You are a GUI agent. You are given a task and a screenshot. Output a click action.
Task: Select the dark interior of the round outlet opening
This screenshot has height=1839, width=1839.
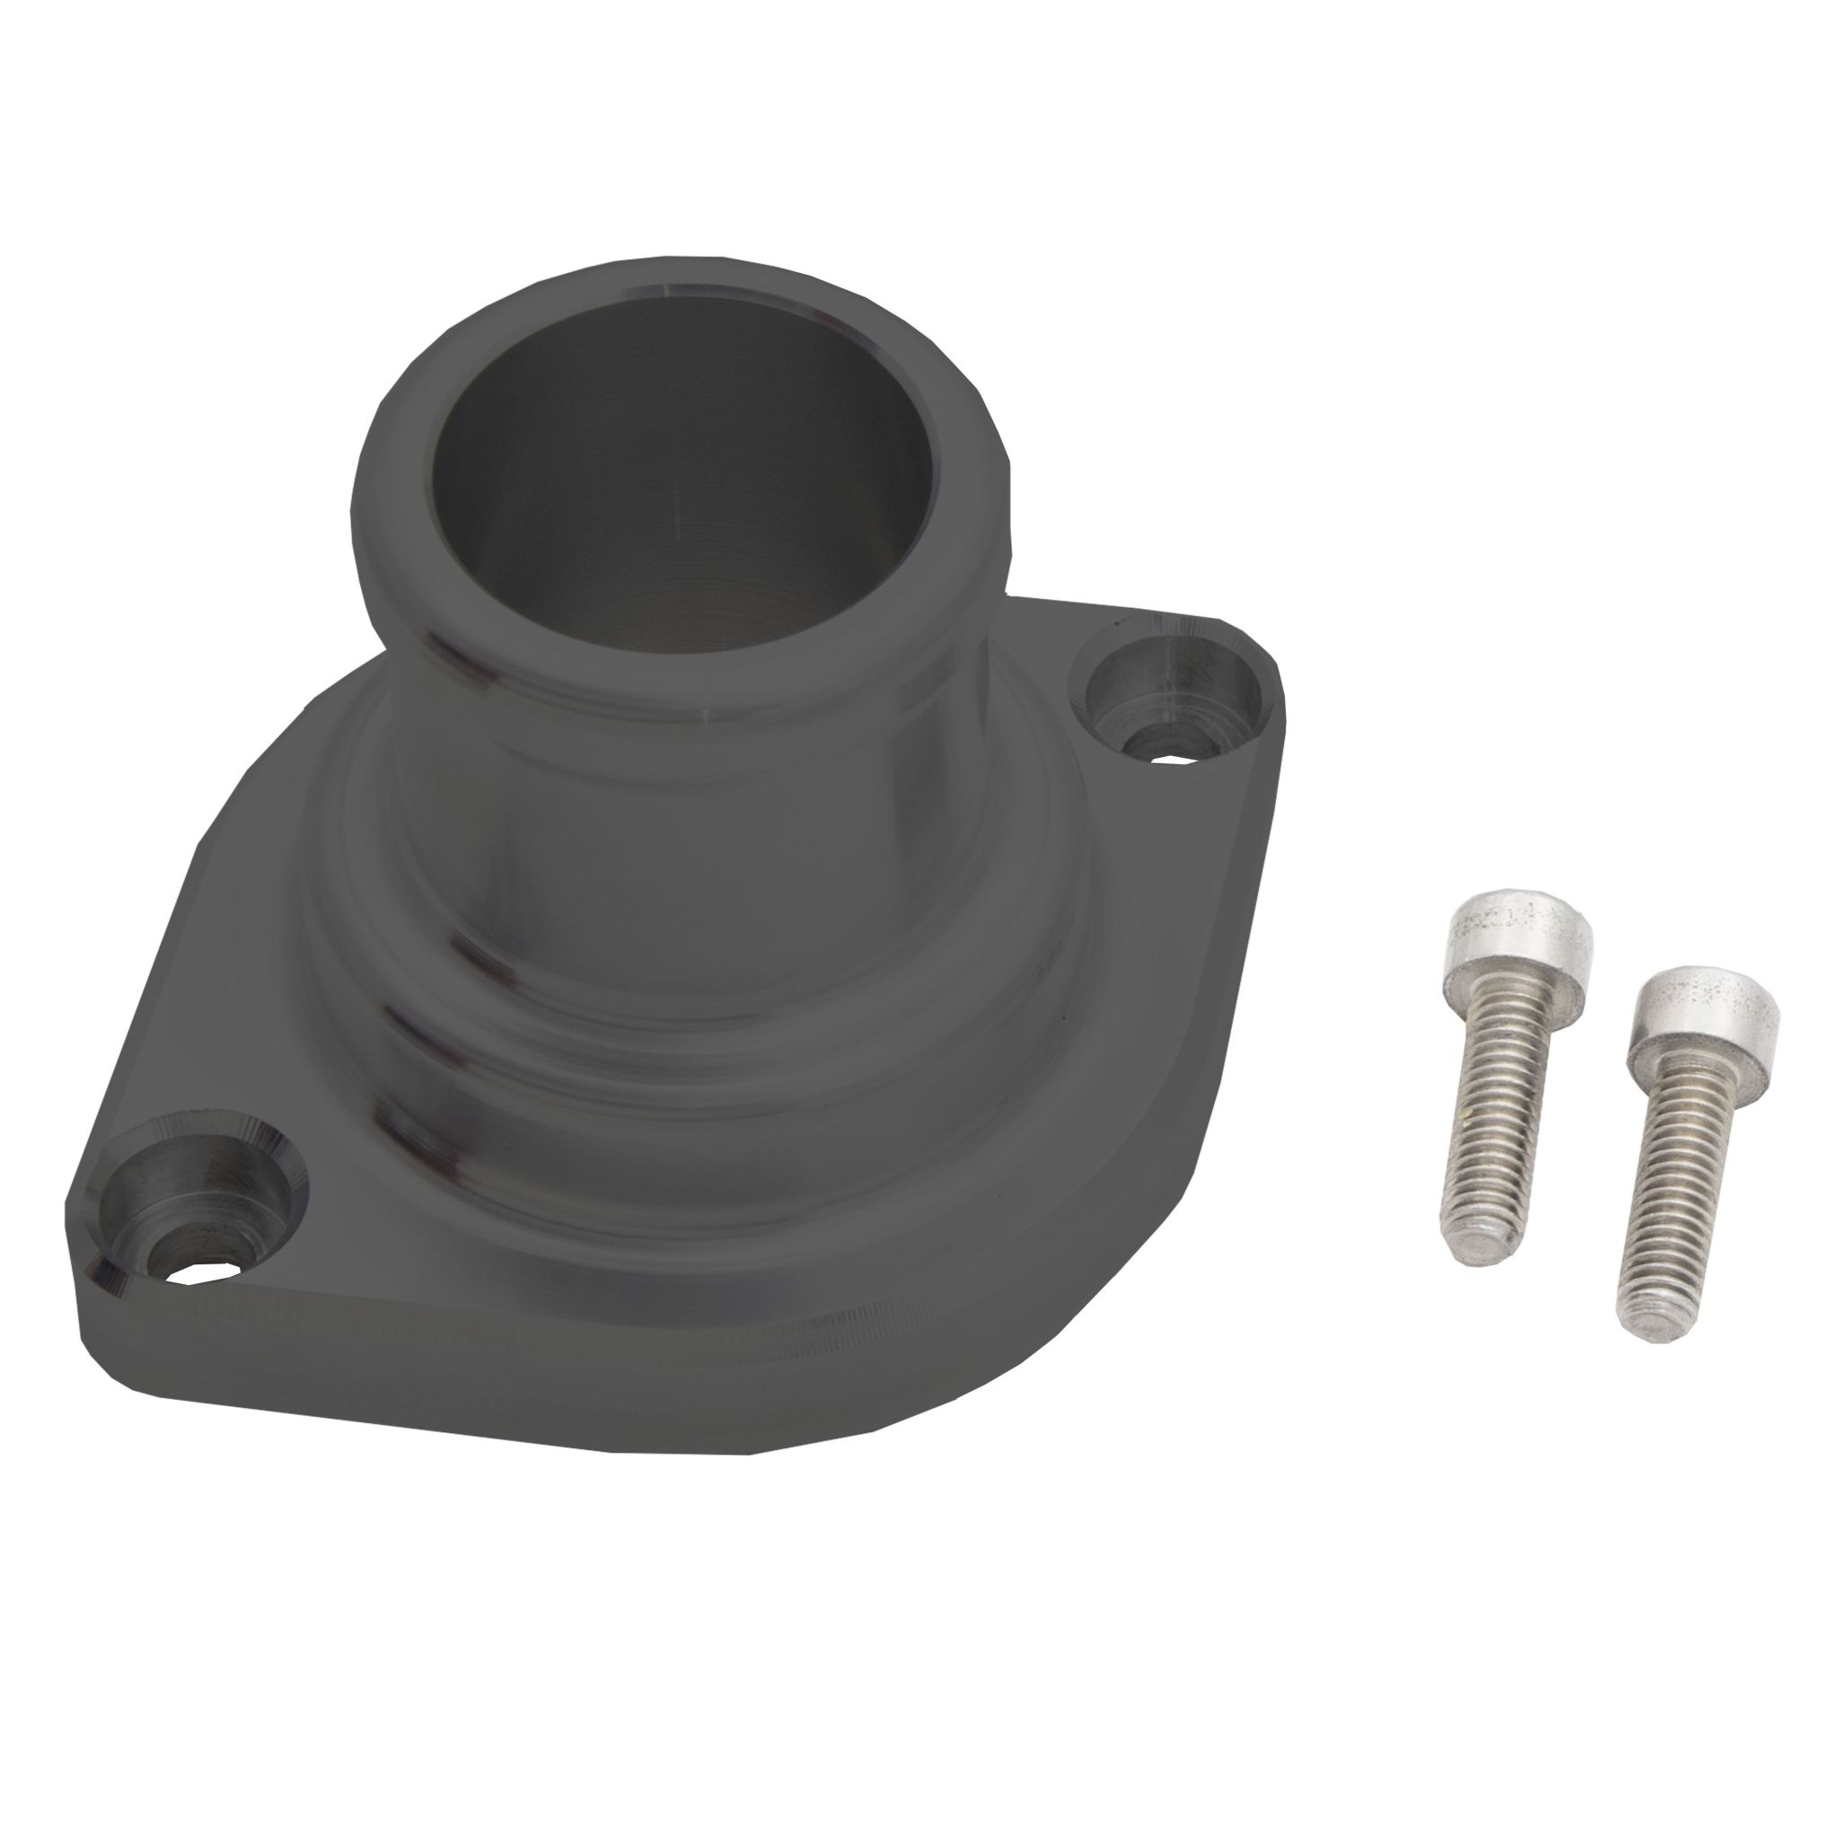666,476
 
